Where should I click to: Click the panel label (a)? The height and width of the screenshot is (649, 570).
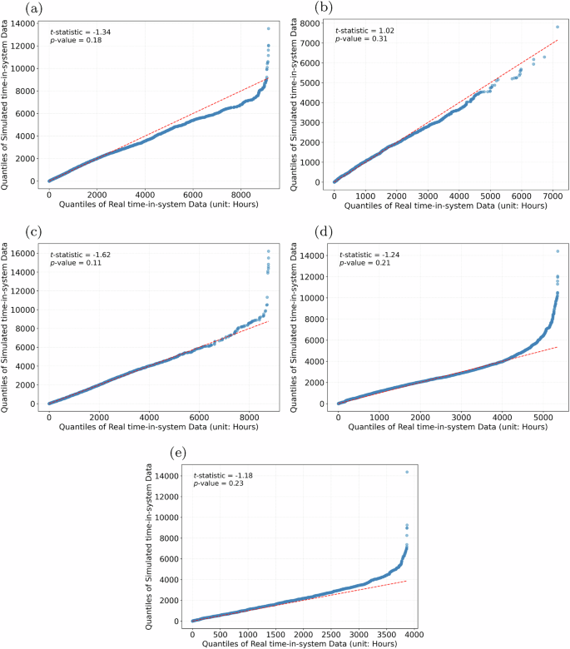[11, 7]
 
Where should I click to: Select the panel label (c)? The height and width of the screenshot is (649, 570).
[11, 230]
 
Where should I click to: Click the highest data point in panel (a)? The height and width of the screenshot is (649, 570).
[268, 28]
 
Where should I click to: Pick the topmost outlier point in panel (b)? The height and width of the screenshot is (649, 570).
[557, 27]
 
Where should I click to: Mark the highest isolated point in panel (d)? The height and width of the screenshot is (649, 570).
[557, 251]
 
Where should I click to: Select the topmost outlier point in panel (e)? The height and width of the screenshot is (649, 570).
[407, 472]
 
